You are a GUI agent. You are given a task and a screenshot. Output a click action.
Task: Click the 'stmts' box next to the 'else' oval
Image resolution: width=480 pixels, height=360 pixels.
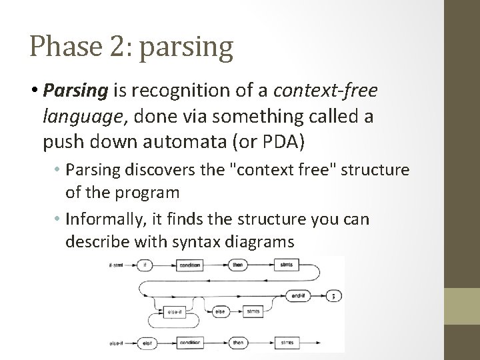pyautogui.click(x=253, y=311)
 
